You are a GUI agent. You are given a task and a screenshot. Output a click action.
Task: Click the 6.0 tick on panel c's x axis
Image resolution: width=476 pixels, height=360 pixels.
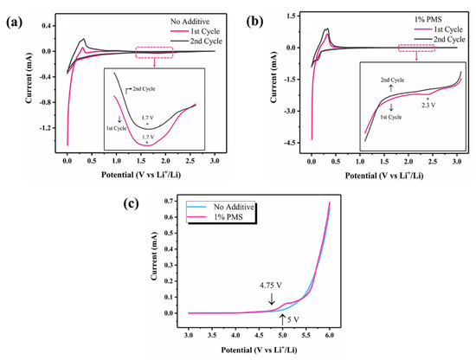pos(330,332)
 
